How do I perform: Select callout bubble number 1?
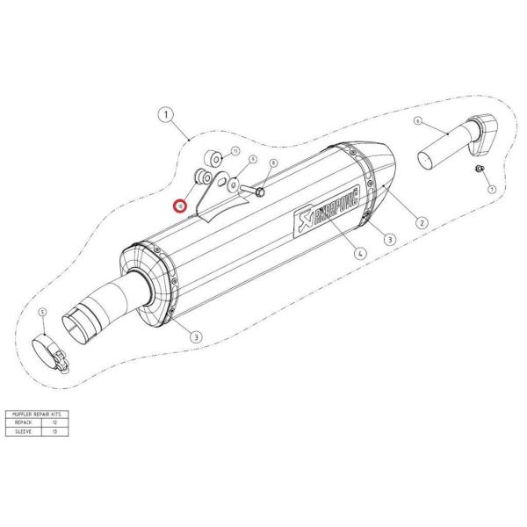click(x=164, y=114)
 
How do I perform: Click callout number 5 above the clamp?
click(x=42, y=312)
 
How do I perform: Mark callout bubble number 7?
click(x=492, y=190)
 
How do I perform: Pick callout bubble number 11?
click(x=235, y=152)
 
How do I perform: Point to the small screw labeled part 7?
click(x=479, y=168)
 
